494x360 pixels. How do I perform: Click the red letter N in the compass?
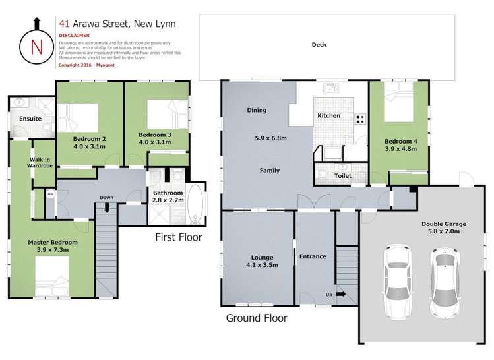click(37, 47)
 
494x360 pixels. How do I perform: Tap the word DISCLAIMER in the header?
click(75, 36)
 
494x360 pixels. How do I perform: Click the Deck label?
click(319, 45)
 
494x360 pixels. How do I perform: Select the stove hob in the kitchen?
click(360, 119)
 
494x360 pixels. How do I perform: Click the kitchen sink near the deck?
click(331, 88)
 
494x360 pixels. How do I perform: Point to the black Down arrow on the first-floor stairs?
click(107, 208)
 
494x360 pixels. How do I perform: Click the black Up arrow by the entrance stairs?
click(340, 295)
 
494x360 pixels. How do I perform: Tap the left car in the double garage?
click(396, 282)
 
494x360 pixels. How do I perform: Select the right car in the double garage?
click(444, 282)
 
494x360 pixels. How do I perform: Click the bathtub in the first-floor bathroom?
click(196, 204)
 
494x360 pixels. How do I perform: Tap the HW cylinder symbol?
click(51, 195)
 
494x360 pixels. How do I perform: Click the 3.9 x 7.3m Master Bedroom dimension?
click(53, 250)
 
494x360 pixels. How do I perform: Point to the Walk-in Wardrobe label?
click(40, 162)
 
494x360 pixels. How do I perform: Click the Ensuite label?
click(30, 119)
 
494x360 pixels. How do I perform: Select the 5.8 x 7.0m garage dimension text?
click(444, 231)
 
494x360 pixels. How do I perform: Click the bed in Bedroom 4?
click(398, 102)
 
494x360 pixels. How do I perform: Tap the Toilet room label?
click(343, 176)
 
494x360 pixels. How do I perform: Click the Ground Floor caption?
click(257, 318)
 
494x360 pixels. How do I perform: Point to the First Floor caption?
click(179, 237)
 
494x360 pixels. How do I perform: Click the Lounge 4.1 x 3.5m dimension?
click(262, 265)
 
